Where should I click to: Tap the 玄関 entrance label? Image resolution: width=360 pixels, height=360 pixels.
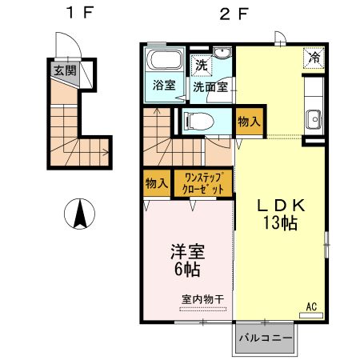[x=65, y=70]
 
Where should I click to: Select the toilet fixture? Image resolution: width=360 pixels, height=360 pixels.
[x=196, y=121]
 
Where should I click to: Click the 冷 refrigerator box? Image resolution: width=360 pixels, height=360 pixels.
[x=314, y=57]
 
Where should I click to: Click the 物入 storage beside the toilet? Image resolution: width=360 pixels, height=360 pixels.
[x=249, y=122]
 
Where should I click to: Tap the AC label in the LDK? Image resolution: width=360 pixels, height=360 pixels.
[x=313, y=305]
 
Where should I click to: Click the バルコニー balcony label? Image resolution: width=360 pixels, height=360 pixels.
[x=266, y=338]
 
